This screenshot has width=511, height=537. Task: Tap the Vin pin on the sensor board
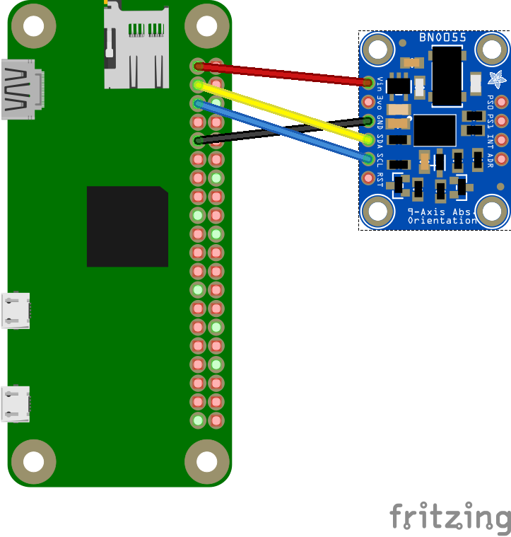point(368,83)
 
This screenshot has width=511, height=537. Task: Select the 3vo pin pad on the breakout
point(368,101)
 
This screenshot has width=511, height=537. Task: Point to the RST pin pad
point(368,176)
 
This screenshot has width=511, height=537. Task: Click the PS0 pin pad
point(502,101)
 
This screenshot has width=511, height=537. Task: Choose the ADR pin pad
point(502,158)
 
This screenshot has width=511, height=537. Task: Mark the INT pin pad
point(502,139)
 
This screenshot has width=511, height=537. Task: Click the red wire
point(283,74)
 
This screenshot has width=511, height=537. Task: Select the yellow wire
point(283,109)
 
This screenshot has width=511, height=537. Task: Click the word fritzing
point(450,517)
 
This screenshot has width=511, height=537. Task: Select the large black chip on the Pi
point(127,226)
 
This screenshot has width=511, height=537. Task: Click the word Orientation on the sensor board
point(442,221)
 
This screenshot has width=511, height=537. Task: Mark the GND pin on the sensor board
point(368,120)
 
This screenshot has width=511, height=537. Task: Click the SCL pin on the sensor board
point(368,157)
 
